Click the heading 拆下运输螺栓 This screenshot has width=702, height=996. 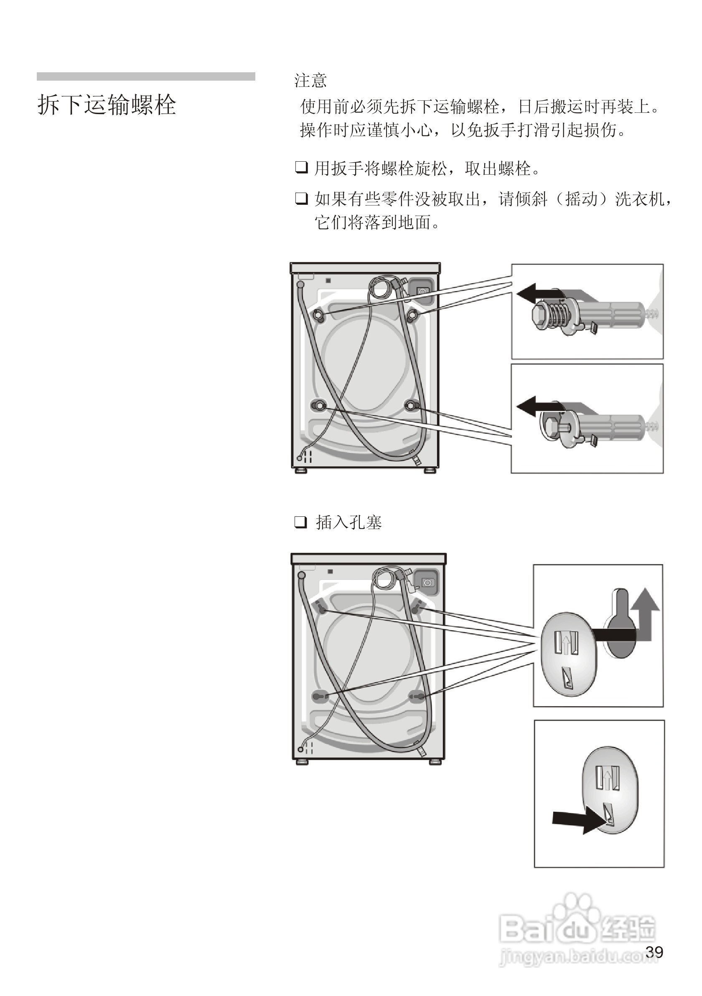[107, 105]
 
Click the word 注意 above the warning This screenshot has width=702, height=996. [310, 81]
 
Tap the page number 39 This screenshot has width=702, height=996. [654, 952]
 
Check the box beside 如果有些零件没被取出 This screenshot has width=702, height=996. [301, 199]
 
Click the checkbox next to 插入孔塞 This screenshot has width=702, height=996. [301, 522]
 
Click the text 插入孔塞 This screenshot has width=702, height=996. [349, 522]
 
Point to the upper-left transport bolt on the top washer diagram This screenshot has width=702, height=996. [318, 314]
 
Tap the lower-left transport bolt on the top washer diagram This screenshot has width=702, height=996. [319, 406]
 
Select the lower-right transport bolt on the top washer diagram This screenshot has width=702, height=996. [412, 406]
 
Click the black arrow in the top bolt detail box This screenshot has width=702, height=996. [536, 294]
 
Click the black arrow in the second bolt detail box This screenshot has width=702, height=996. [536, 407]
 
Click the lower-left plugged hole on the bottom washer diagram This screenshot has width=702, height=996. [320, 697]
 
